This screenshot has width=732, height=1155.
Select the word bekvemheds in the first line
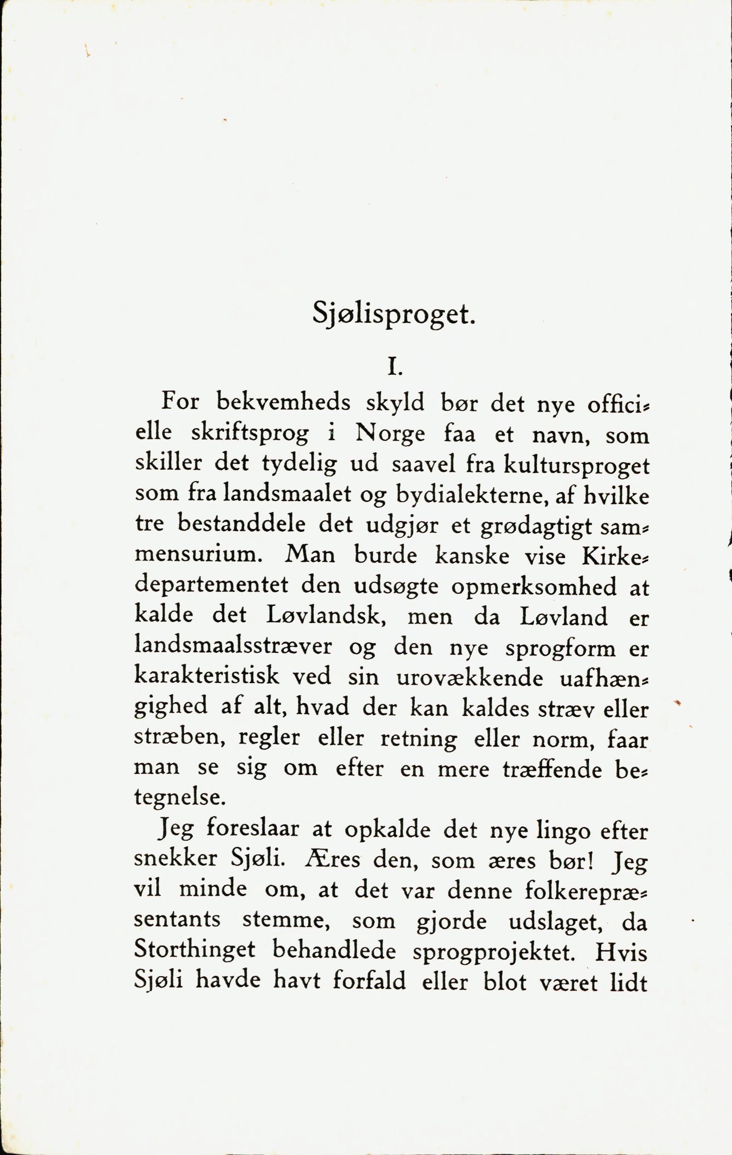283,402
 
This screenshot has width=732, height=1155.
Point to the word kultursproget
576,467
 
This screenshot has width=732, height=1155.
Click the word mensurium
198,556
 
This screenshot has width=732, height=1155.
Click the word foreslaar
253,831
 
